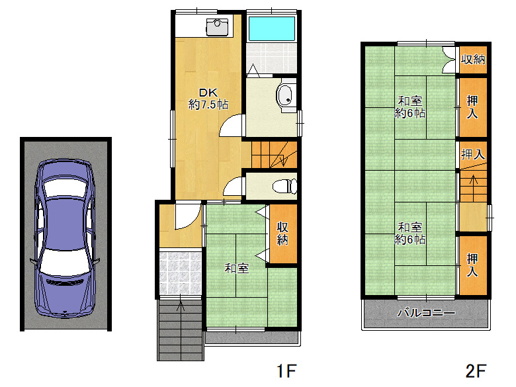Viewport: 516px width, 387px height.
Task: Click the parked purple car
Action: pos(65,238)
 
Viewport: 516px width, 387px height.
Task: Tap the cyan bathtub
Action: pos(271,28)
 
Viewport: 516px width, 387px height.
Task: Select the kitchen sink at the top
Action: pos(217,27)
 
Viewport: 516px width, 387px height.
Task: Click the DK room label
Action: pos(208,93)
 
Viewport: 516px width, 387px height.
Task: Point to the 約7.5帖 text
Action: pos(208,105)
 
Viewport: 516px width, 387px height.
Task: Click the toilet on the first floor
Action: pos(285,187)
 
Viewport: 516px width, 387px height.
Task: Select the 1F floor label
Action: pos(286,371)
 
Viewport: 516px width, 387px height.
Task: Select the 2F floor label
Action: pos(476,371)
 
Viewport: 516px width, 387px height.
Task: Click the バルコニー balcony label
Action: pos(426,313)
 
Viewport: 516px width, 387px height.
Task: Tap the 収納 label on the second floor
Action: pos(473,60)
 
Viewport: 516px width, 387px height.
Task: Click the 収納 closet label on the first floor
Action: pos(282,234)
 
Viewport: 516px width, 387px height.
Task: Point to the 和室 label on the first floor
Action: pos(237,268)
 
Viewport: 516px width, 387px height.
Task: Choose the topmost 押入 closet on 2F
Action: pos(472,107)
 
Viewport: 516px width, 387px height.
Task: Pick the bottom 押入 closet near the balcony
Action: pos(472,265)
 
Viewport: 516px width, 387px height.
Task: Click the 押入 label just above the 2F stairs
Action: pos(473,154)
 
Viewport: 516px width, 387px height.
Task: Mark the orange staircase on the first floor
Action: pos(274,155)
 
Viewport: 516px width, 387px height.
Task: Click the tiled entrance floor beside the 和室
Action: pos(181,273)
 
